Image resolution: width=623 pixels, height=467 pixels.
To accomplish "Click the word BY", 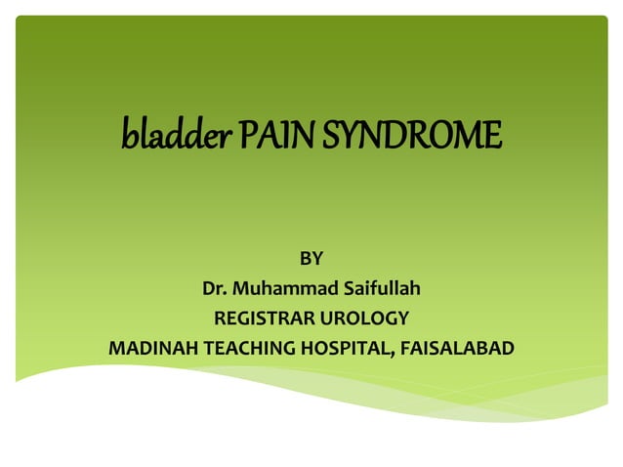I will tap(311, 259).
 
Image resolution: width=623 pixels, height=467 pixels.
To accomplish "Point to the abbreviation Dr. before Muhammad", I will tap(214, 288).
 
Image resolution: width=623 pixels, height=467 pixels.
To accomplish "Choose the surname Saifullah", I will tap(381, 288).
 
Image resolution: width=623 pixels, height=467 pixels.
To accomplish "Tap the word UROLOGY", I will tap(365, 318).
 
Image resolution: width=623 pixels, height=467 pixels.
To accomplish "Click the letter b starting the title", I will tap(127, 134).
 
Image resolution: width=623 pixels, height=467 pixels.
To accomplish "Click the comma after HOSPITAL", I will tap(393, 353).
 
